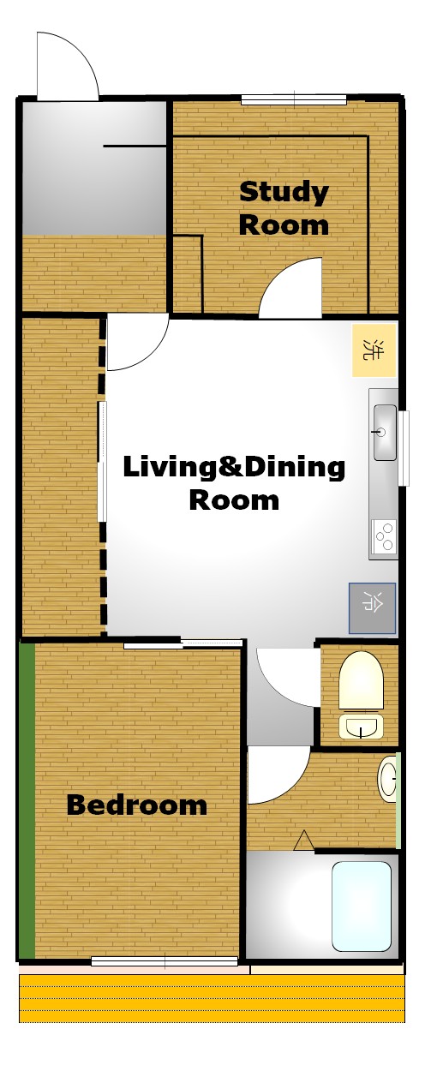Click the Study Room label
(x=284, y=208)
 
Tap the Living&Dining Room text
(x=234, y=483)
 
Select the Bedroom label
(x=137, y=805)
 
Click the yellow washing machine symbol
(x=374, y=350)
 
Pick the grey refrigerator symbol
(x=372, y=608)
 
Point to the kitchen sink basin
(x=385, y=432)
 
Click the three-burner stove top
(x=384, y=538)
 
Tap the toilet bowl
(x=361, y=679)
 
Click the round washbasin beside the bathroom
(x=388, y=780)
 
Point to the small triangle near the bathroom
(x=304, y=841)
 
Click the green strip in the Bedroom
(x=27, y=801)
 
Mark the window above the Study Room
(x=293, y=100)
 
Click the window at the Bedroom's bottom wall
(x=164, y=961)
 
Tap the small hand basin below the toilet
(x=361, y=727)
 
